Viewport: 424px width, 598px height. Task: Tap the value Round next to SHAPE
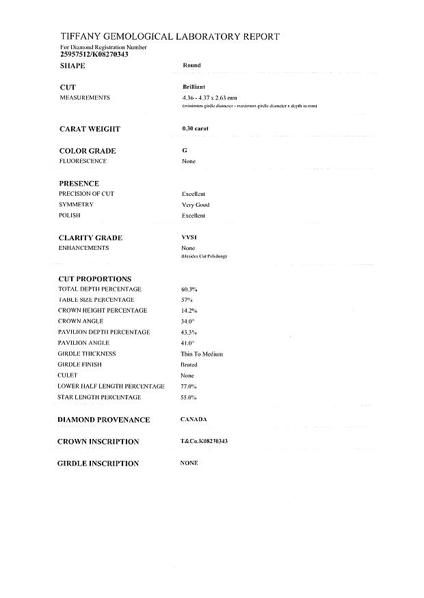pyautogui.click(x=191, y=66)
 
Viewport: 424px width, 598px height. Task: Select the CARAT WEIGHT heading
pyautogui.click(x=89, y=129)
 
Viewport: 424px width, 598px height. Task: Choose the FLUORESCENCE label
pyautogui.click(x=83, y=161)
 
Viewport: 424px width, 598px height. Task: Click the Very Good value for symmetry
pyautogui.click(x=196, y=205)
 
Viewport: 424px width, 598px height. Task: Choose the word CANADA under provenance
pyautogui.click(x=194, y=419)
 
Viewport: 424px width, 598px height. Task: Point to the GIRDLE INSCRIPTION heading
pyautogui.click(x=99, y=464)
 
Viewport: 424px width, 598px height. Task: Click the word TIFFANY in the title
pyautogui.click(x=83, y=37)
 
